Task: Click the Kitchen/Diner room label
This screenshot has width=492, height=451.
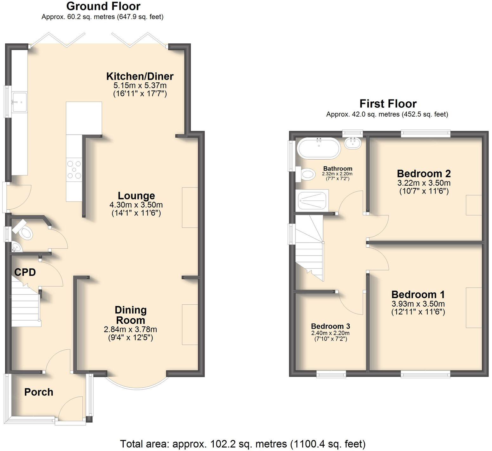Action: point(139,76)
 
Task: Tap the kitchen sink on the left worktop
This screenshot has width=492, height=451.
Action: point(20,102)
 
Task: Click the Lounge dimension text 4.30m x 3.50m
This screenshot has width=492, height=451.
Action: point(136,205)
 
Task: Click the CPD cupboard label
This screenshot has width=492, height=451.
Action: point(25,272)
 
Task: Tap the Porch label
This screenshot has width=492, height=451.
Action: point(39,392)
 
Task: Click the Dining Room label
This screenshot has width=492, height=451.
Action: point(131,315)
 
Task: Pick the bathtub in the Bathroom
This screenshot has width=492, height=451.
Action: point(319,148)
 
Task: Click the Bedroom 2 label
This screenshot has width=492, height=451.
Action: point(424,174)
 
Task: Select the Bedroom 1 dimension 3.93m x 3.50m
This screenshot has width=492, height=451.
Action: point(418,304)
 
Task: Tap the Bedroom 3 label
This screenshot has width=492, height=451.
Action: point(330,326)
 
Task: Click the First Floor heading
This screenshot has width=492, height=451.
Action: point(388,104)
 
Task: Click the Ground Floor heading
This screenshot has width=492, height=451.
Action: point(103,6)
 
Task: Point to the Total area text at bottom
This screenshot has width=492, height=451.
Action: point(243,444)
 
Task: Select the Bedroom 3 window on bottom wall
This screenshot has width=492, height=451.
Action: point(331,374)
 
